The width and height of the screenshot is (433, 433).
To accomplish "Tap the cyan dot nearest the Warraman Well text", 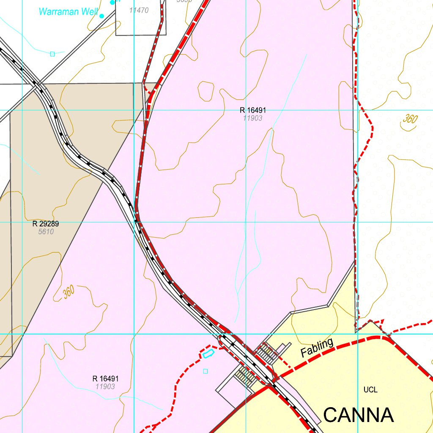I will pos(101,16).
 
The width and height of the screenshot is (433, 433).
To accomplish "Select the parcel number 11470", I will pos(139,10).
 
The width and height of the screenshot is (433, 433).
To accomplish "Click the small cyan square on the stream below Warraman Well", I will pos(52,54).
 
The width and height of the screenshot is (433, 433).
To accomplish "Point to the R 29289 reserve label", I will pos(46,224).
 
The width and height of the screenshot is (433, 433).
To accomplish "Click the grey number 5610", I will pos(46,232).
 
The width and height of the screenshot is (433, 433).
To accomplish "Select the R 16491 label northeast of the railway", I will pos(253,110).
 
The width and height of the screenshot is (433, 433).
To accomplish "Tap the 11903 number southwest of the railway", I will pos(105,386).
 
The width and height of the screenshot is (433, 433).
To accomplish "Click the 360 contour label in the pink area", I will pos(69,291).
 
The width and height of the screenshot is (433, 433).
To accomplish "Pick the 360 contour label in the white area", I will pos(410,119).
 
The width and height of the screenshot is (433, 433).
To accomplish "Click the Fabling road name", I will pos(317,348).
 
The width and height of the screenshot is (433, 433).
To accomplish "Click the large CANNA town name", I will pos(359,415).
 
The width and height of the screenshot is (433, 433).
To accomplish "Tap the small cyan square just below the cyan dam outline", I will pos(206,371).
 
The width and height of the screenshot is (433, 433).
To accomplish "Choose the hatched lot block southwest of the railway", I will pos(244,375).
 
